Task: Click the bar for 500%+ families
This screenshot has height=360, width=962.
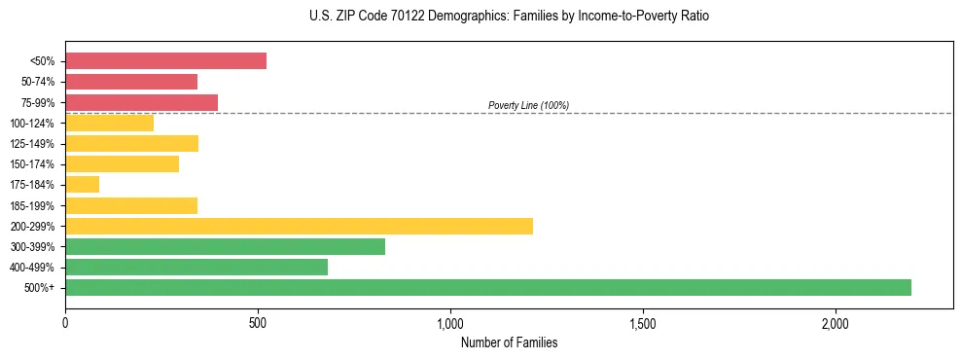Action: (487, 287)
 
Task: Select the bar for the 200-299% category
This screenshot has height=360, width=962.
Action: (299, 226)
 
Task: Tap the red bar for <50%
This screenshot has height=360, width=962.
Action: (165, 60)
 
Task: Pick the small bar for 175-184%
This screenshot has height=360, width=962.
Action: (82, 184)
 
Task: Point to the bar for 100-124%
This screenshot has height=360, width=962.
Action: (109, 123)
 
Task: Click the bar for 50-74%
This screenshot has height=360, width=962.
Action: (131, 82)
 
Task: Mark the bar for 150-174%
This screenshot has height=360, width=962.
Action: (122, 163)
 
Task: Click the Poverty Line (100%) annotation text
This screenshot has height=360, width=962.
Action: (528, 105)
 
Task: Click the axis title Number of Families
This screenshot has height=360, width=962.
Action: (509, 342)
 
